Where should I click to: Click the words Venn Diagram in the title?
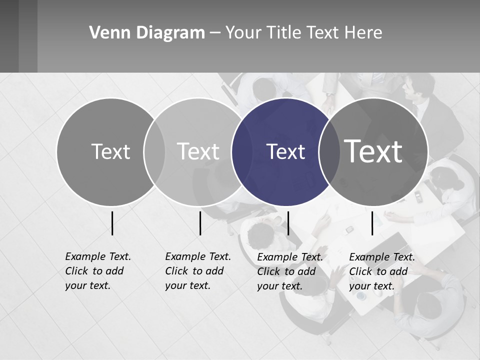[x=147, y=33]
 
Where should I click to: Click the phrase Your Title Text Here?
[x=303, y=33]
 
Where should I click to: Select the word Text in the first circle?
[x=110, y=151]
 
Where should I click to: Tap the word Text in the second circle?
[x=198, y=151]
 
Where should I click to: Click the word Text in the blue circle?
[x=285, y=151]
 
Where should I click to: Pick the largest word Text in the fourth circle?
[x=373, y=151]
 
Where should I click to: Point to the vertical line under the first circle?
[x=112, y=223]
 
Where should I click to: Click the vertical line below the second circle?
[x=200, y=223]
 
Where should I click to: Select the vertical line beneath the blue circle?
[x=288, y=223]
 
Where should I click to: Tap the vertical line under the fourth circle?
[x=372, y=223]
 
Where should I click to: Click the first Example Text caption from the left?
[x=98, y=271]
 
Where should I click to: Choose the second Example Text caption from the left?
[x=198, y=271]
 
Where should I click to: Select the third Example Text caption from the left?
[x=290, y=271]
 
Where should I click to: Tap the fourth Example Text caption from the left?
[x=382, y=271]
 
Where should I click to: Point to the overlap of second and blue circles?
[x=241, y=151]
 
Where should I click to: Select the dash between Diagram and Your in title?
[x=214, y=33]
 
